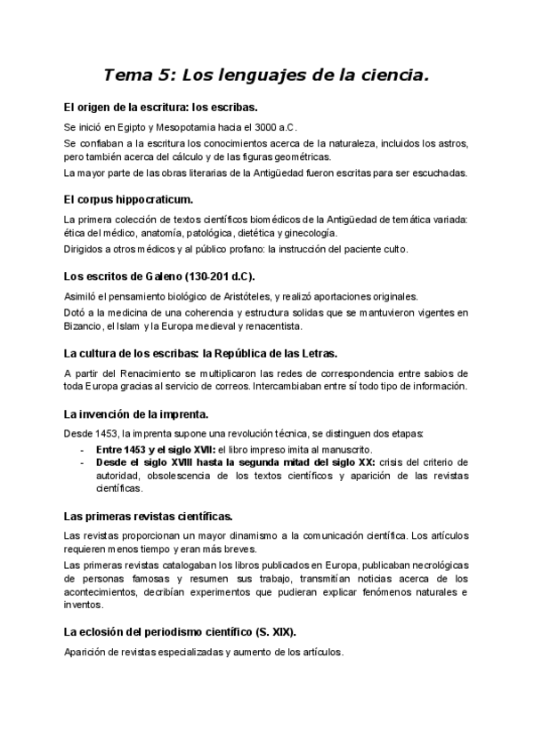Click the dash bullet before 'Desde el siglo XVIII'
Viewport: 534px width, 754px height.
[x=83, y=462]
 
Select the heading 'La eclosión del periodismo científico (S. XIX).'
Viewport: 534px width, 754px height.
[x=181, y=631]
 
